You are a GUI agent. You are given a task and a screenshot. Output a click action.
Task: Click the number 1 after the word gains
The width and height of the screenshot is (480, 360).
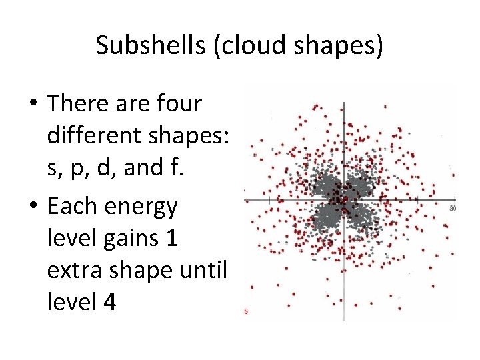[171, 239]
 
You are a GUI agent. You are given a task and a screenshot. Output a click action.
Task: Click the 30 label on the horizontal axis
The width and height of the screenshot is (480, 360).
[453, 208]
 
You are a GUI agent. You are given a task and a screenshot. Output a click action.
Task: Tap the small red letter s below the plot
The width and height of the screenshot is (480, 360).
[245, 311]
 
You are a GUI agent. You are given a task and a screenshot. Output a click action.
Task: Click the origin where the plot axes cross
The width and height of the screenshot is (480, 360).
[343, 200]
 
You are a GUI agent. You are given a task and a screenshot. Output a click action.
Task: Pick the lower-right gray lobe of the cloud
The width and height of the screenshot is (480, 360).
[363, 217]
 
